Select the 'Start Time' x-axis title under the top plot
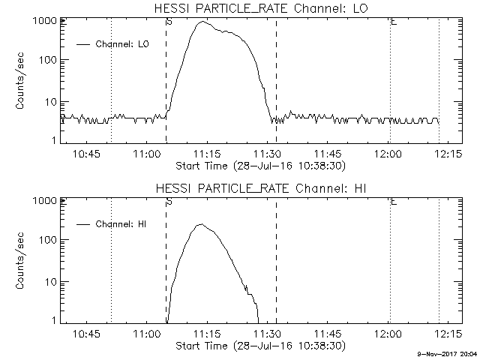(259, 165)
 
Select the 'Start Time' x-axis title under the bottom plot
(259, 346)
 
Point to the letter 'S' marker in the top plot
(169, 22)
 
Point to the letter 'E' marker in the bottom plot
(394, 202)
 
